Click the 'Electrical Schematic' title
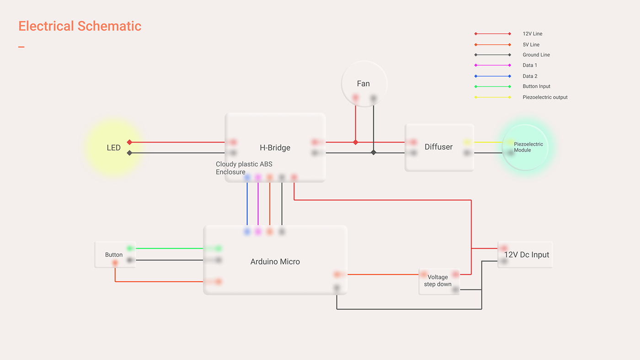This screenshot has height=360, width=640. [x=80, y=26]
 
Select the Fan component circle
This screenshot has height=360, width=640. [x=364, y=84]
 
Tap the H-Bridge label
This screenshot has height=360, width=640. [x=275, y=148]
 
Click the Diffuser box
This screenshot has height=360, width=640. [x=439, y=147]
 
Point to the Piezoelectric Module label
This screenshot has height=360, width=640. [x=528, y=147]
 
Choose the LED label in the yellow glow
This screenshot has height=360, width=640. [x=113, y=148]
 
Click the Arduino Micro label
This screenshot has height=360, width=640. [x=275, y=262]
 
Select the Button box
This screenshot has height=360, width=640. [x=114, y=254]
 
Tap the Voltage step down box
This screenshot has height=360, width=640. [x=438, y=281]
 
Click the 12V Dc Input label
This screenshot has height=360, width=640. [x=527, y=255]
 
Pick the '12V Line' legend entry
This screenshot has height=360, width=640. [x=532, y=34]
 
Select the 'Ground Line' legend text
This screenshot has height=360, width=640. [x=536, y=55]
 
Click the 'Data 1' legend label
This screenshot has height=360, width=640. [x=530, y=65]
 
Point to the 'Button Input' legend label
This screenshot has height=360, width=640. [x=536, y=86]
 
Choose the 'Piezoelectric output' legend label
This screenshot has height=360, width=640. [x=545, y=97]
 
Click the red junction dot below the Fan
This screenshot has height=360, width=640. [x=356, y=143]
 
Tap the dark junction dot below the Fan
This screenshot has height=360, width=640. [x=373, y=153]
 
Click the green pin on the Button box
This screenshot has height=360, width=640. [x=130, y=249]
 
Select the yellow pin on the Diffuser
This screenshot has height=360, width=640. [x=467, y=143]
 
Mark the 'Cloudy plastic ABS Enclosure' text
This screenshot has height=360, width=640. [x=244, y=168]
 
